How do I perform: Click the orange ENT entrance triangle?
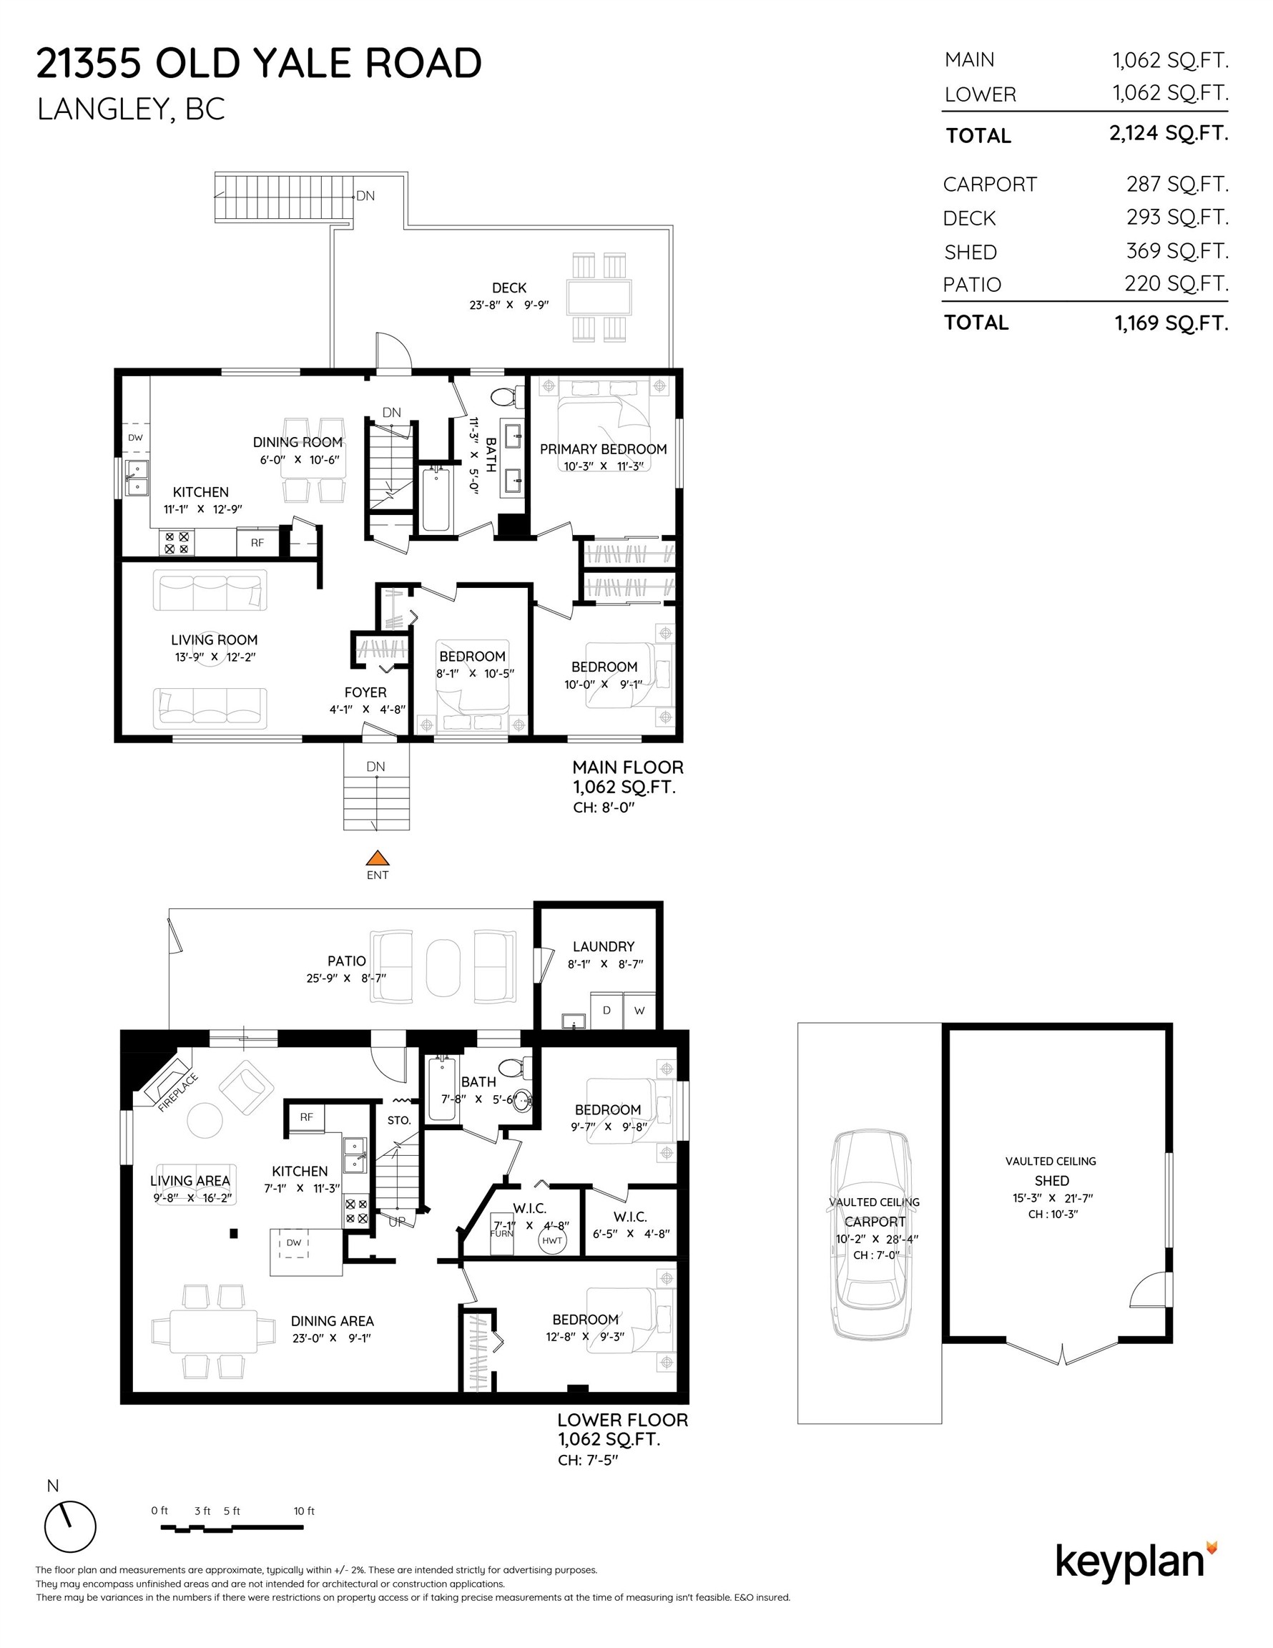378,858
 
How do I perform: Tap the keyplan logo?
1136,1561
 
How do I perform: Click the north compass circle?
70,1526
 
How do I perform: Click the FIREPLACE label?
178,1092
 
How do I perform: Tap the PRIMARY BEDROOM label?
603,449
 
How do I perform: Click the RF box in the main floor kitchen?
257,541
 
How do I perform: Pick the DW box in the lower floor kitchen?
294,1242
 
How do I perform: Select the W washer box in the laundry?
639,1011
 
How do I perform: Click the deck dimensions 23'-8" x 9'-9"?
508,305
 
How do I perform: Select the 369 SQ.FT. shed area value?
1177,250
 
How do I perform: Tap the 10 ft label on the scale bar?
304,1511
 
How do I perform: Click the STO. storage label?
399,1121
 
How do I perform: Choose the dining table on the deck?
599,297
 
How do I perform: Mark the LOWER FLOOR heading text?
622,1419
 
